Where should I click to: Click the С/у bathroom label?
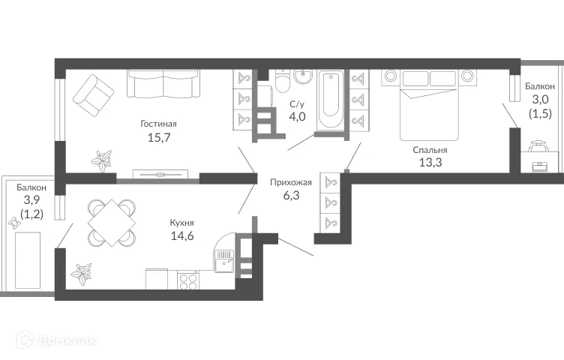tap(298, 105)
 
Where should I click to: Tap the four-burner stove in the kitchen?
tap(187, 280)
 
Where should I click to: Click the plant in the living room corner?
tap(100, 159)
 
